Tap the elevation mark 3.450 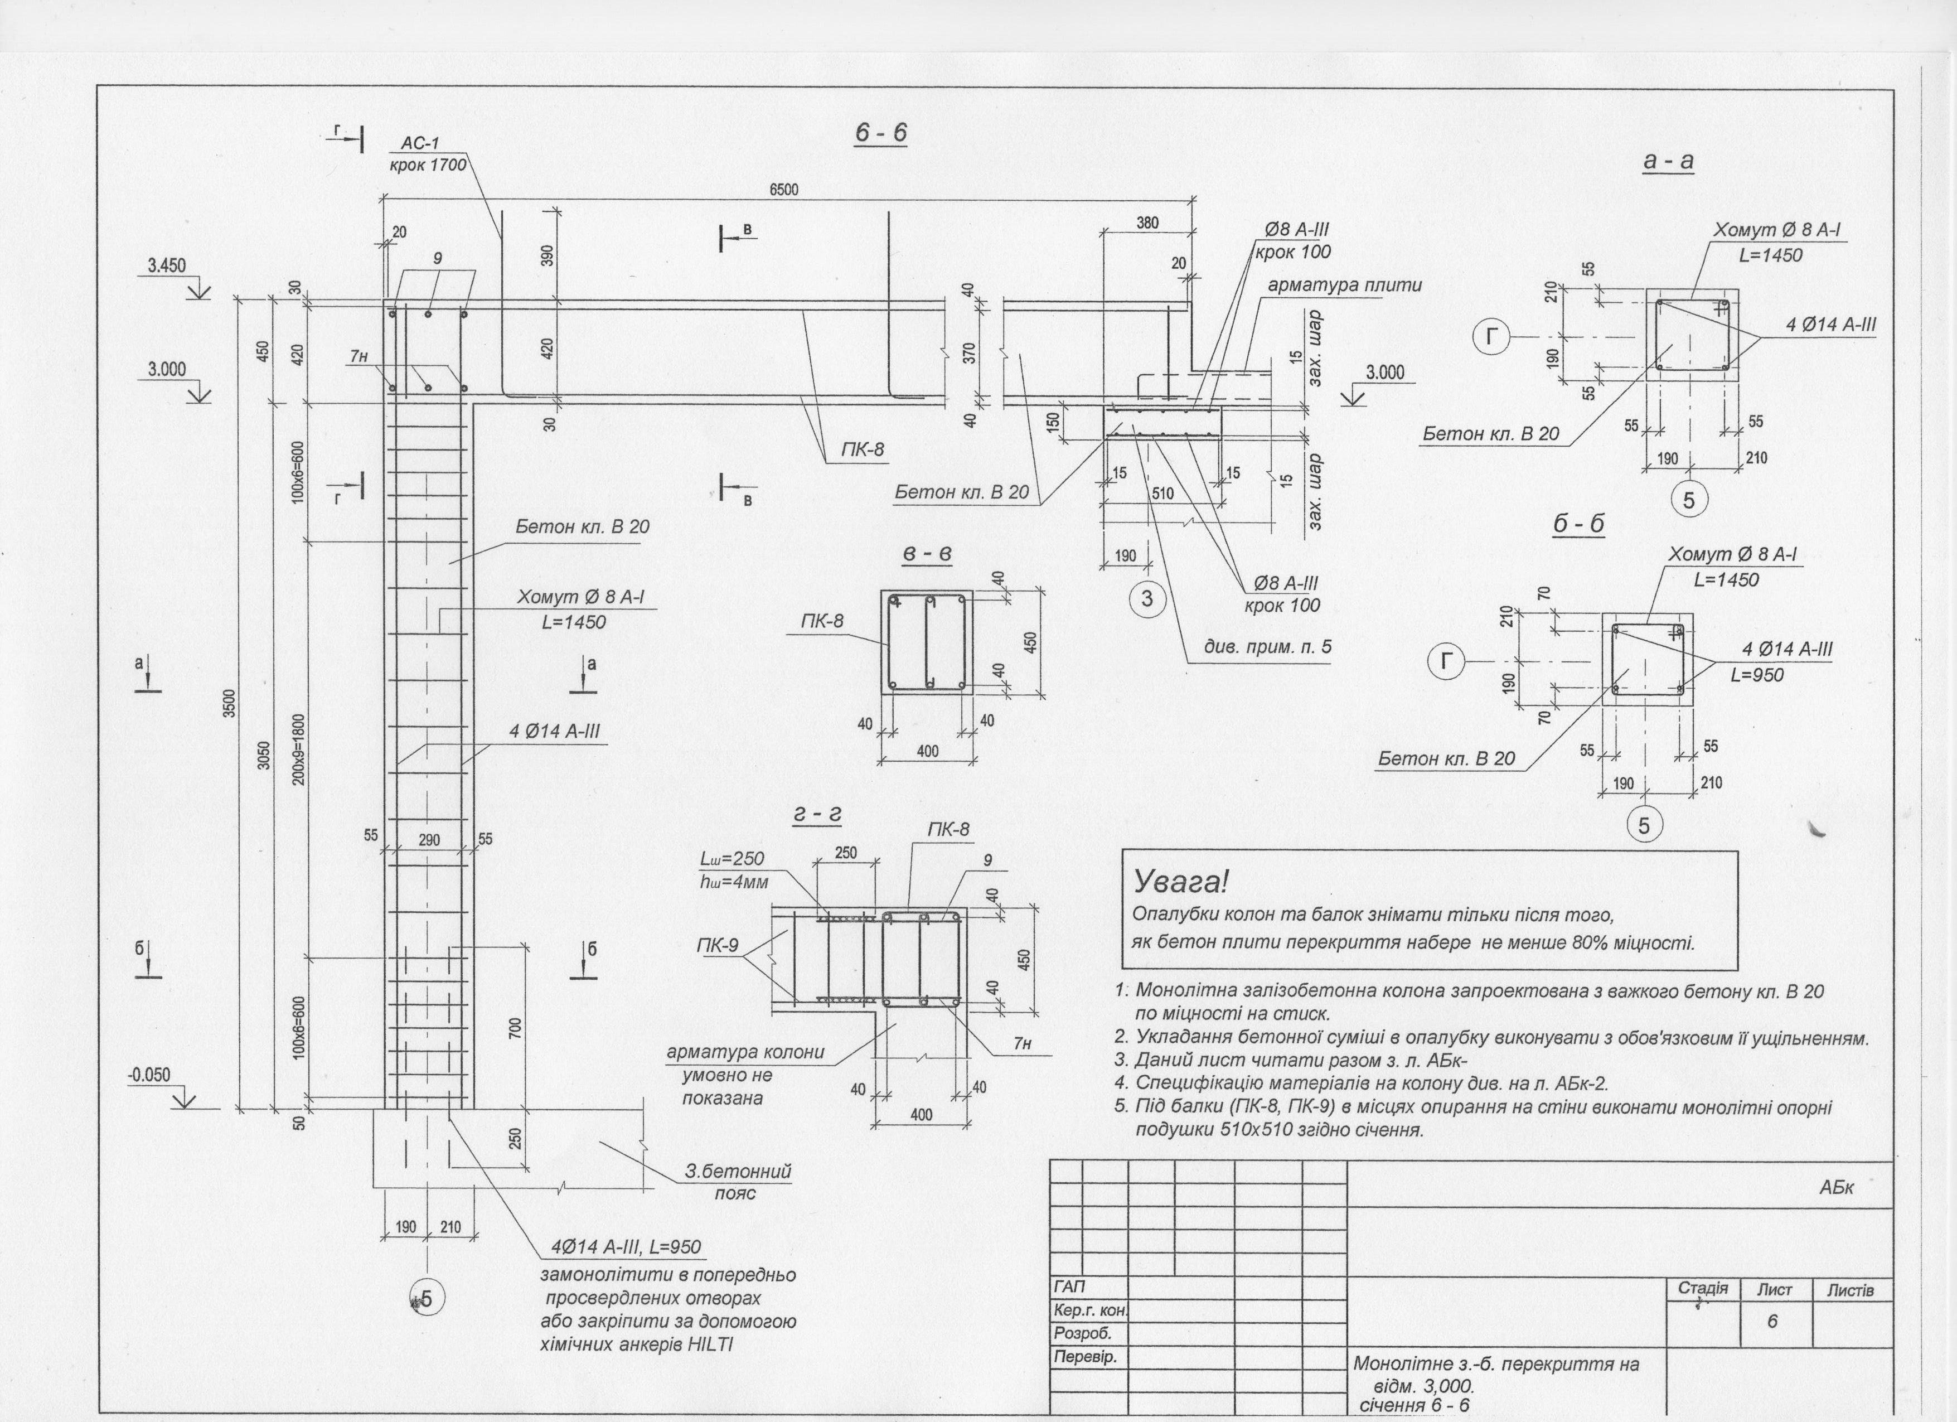click(x=167, y=266)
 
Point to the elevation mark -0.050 click(x=149, y=1075)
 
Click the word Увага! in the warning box click(x=1180, y=882)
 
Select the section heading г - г click(x=816, y=815)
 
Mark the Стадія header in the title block click(x=1702, y=1288)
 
